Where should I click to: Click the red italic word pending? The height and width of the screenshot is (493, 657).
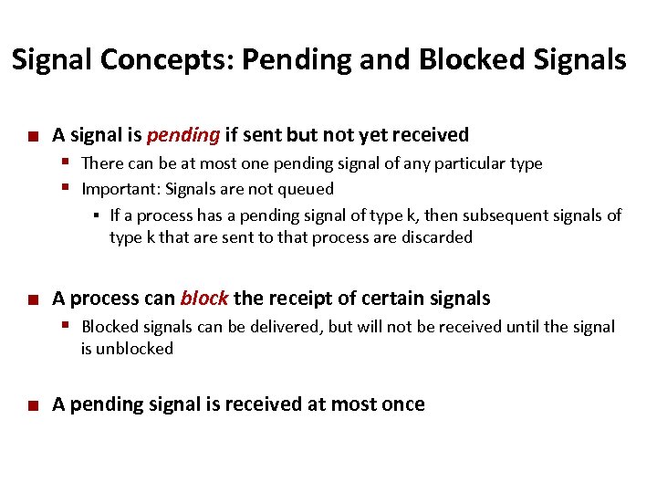coord(182,136)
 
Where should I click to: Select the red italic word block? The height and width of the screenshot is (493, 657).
coord(203,299)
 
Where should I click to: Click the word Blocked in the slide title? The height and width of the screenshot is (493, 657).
coord(468,60)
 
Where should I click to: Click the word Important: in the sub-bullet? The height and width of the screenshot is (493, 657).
coord(117,190)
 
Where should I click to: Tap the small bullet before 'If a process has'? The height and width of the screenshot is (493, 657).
coord(97,216)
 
